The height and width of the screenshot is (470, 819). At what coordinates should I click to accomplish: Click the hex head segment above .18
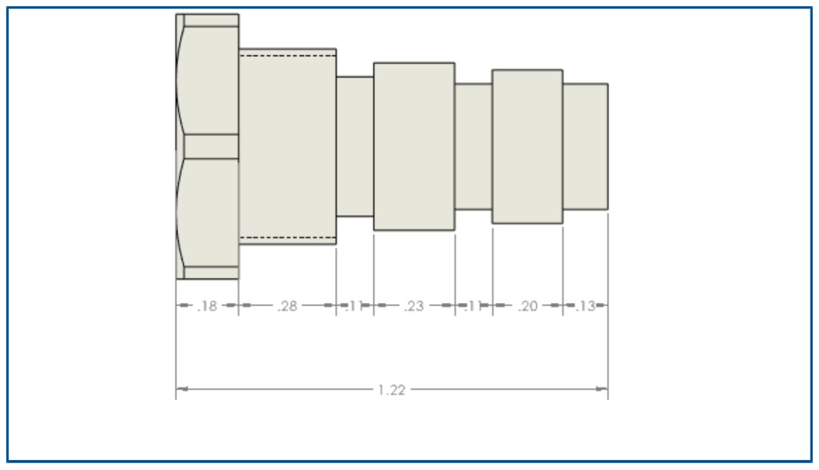click(207, 84)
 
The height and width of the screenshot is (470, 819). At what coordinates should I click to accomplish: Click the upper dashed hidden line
click(287, 55)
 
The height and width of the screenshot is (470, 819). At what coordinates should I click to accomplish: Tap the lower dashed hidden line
click(287, 238)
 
